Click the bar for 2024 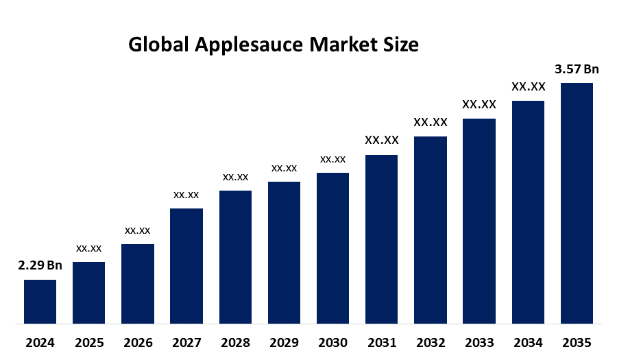click(40, 301)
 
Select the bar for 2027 click(186, 265)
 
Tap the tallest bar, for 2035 click(577, 203)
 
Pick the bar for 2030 click(332, 248)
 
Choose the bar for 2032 click(431, 230)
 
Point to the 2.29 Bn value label click(40, 265)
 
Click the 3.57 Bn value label click(577, 69)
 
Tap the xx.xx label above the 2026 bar click(138, 230)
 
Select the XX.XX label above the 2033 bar click(479, 104)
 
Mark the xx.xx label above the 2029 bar click(284, 168)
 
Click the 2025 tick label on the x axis click(89, 342)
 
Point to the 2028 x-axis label click(235, 342)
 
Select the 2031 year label click(382, 342)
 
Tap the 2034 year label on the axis click(528, 342)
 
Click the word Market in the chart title click(342, 45)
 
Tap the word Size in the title click(401, 45)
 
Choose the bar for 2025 click(89, 292)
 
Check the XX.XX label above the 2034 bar click(528, 86)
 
